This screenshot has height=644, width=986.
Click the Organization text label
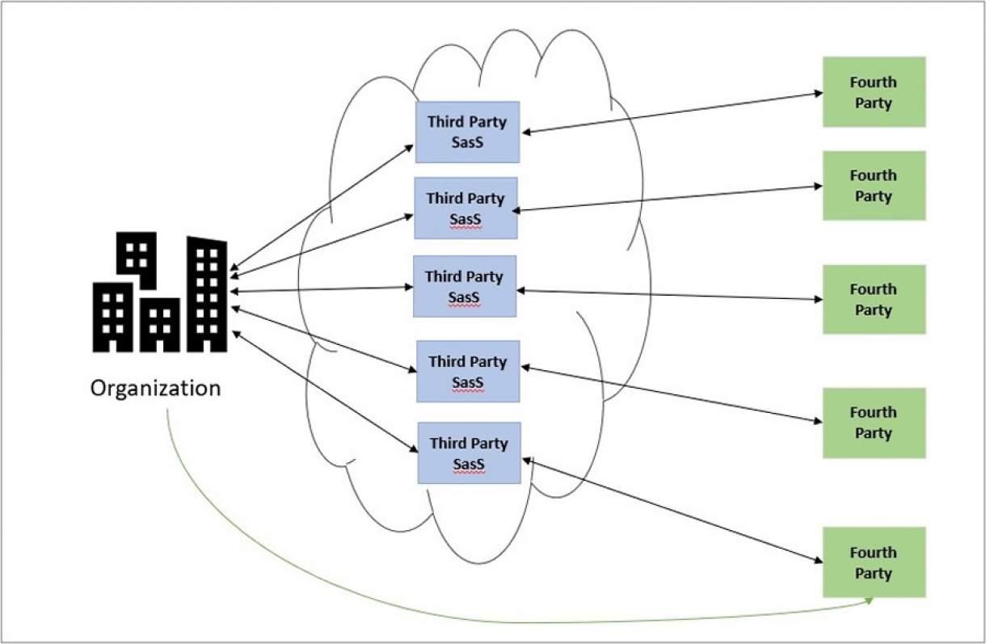(x=155, y=388)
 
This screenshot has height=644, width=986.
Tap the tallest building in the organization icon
(x=207, y=295)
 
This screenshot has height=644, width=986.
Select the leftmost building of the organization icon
(x=112, y=317)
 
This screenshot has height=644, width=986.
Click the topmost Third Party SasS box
(x=466, y=132)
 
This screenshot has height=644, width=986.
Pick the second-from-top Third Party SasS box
(x=465, y=208)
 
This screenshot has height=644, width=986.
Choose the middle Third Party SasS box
(x=464, y=286)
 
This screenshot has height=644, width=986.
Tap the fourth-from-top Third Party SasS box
(x=468, y=371)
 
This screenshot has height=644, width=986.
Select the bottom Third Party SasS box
(x=469, y=452)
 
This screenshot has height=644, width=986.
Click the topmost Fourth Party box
(x=873, y=92)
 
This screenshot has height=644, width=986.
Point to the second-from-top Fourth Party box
(x=873, y=186)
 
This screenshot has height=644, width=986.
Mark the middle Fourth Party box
(x=873, y=299)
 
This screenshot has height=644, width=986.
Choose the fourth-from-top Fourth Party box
(x=873, y=423)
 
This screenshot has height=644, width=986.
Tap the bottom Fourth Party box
(x=873, y=562)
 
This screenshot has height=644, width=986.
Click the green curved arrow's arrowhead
(x=870, y=601)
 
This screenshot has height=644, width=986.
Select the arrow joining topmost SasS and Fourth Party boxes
(x=671, y=112)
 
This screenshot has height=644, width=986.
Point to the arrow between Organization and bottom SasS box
(x=323, y=391)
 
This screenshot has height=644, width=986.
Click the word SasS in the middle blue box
(x=464, y=297)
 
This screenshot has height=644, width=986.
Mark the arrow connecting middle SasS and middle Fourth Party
(x=671, y=295)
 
